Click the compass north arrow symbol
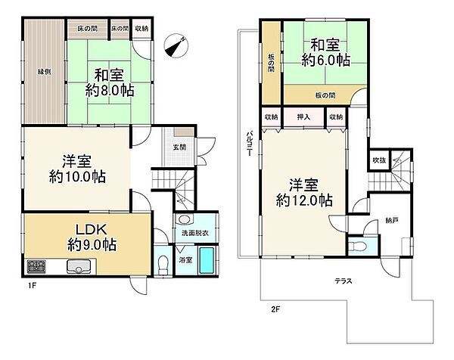point(179,44)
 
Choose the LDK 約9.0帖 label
point(83,236)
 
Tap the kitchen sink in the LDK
point(79,265)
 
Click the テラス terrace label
point(344,281)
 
